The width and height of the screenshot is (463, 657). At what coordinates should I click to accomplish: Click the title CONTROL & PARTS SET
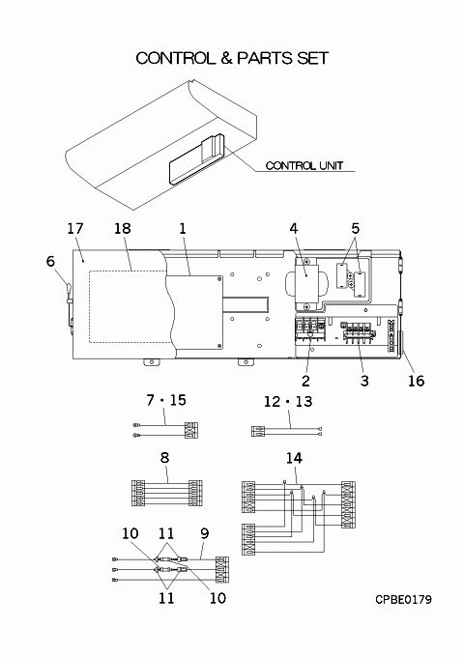232,58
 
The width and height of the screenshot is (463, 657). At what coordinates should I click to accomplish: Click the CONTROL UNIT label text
304,166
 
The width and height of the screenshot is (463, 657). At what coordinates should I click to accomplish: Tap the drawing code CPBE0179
403,600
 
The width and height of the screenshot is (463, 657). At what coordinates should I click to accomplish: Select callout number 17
75,229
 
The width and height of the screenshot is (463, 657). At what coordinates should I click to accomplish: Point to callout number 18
123,229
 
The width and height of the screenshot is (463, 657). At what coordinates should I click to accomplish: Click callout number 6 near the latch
50,262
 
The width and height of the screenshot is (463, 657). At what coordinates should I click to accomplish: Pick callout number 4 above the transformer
294,229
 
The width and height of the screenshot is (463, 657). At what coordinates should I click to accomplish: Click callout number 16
416,381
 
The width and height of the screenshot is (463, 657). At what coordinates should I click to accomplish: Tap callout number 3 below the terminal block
364,381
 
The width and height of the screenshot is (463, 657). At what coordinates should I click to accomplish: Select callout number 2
305,381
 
